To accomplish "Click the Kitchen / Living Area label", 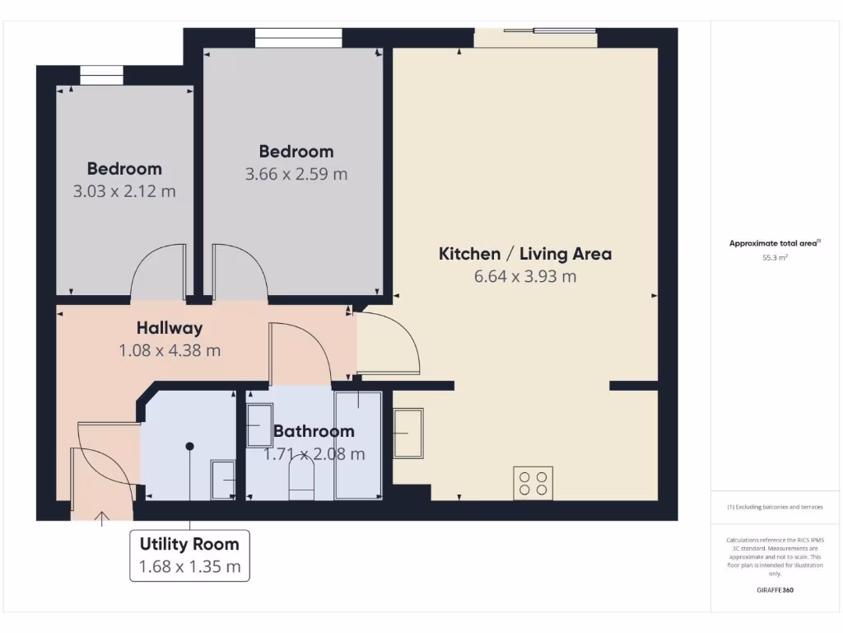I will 524,254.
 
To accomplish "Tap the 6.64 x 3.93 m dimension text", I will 524,276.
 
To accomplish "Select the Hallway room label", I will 170,328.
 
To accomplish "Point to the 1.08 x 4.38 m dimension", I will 170,350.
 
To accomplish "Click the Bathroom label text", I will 314,431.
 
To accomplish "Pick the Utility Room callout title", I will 189,544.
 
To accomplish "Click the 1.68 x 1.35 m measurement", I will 189,567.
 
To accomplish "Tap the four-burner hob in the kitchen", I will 533,482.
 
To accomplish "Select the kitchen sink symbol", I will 408,433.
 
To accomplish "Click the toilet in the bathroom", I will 301,477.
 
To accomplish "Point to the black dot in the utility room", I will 189,446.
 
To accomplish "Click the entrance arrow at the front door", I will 102,518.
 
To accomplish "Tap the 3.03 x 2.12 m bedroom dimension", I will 124,191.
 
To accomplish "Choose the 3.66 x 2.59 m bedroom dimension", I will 296,174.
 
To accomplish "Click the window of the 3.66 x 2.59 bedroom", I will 298,38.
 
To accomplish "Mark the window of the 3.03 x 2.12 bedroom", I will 101,75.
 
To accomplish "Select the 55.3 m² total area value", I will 775,258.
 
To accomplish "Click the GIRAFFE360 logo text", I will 775,590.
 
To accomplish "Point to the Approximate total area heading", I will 775,243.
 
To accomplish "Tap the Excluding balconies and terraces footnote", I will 775,507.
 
